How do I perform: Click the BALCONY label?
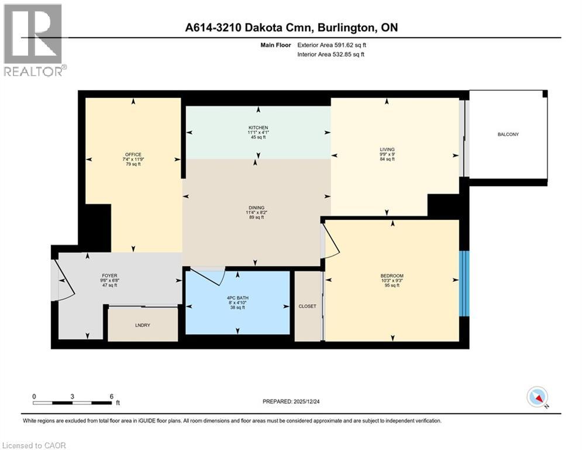coord(508,135)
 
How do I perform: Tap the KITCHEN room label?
coord(257,128)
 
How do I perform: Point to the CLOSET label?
coord(307,306)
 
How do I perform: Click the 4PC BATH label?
coord(237,298)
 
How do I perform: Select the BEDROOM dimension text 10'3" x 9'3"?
coord(392,281)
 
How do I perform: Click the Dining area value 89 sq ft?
coord(256,217)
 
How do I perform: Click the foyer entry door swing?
coord(64,278)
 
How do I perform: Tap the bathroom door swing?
coord(208,273)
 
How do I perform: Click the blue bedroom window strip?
coord(464,284)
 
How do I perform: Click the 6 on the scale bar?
coord(110,396)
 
